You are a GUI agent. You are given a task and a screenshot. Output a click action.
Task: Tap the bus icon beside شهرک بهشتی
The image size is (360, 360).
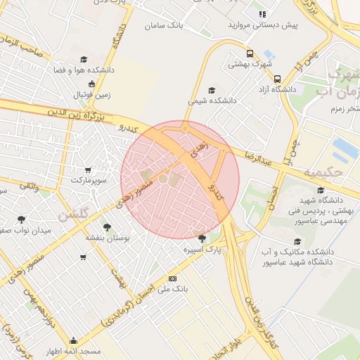250,53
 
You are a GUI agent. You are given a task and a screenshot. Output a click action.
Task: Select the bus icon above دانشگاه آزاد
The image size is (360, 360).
278,79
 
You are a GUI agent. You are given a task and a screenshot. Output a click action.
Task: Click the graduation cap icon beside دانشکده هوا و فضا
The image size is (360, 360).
84,60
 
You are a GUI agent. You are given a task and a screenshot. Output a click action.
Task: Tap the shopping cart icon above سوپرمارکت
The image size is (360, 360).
88,169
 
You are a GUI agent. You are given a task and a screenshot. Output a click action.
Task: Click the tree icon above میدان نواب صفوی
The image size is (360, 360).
21,219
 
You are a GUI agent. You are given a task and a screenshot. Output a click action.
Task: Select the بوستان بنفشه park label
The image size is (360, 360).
106,238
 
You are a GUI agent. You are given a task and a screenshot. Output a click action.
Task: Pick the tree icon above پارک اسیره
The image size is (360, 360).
202,238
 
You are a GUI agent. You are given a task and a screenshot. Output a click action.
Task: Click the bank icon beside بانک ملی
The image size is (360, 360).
172,278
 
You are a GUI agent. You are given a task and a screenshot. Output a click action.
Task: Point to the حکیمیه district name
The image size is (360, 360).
319,172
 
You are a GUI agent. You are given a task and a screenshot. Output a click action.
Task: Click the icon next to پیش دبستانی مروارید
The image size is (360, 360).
262,13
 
